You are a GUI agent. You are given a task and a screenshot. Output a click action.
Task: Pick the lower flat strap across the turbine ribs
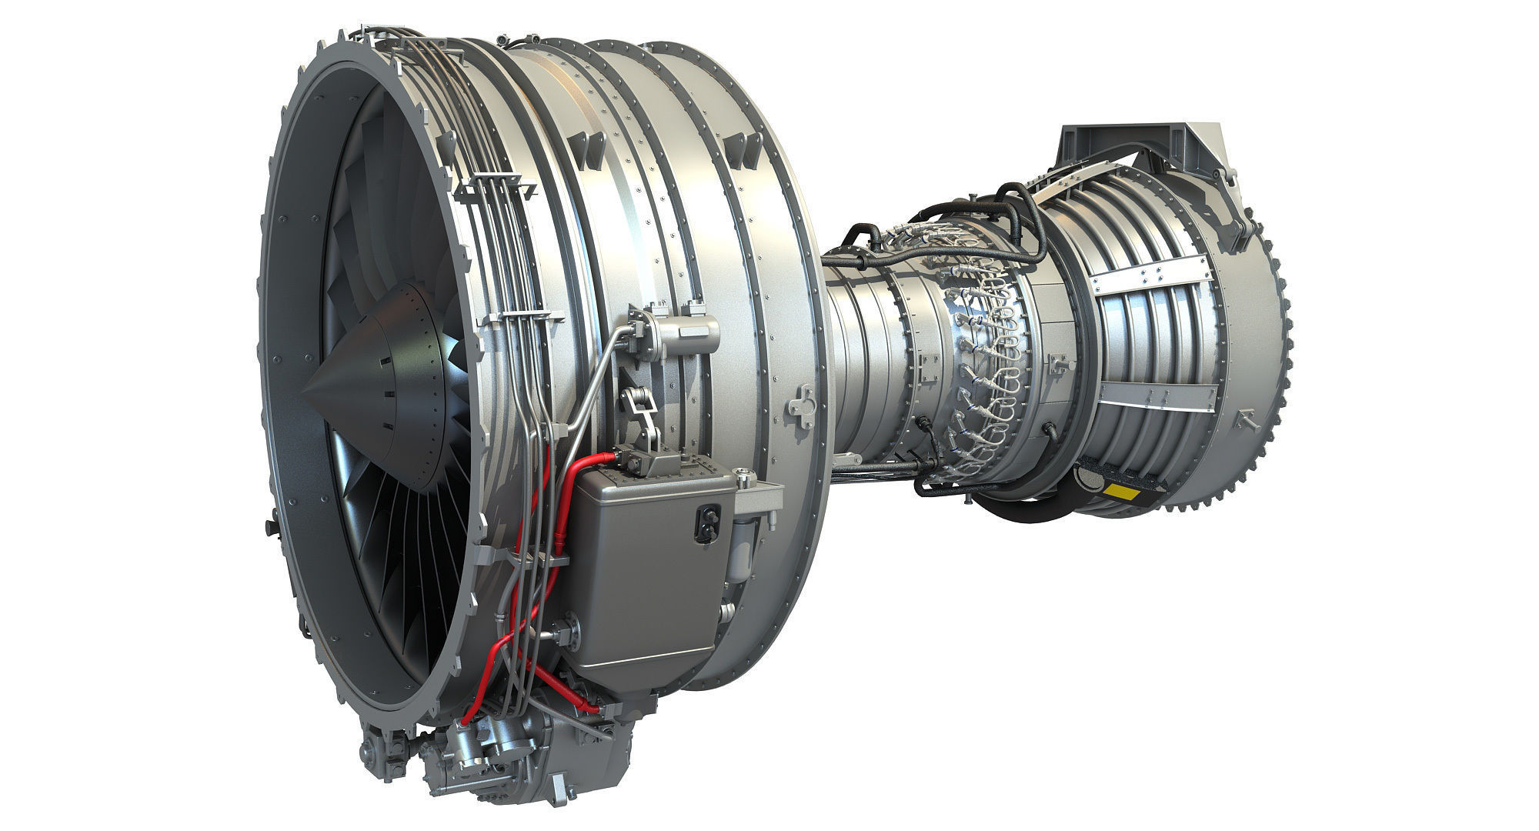(1154, 396)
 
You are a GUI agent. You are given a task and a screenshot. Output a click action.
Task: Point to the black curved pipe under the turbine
(1023, 508)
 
